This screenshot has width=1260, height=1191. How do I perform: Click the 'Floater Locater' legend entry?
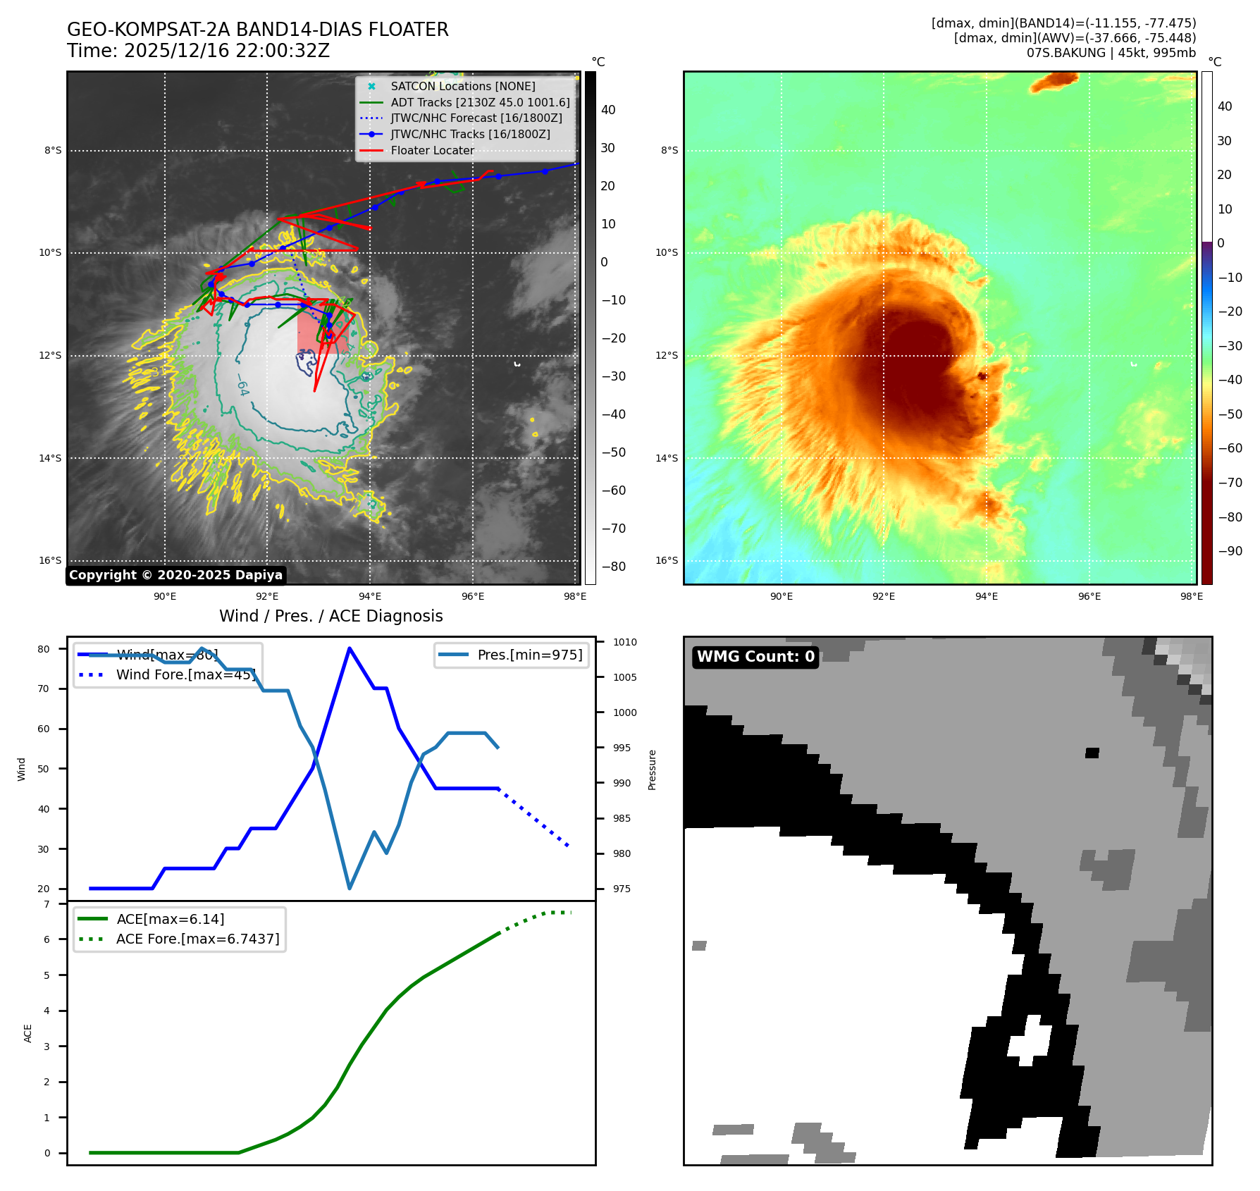(432, 150)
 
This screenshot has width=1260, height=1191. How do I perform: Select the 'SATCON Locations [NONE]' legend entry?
(462, 86)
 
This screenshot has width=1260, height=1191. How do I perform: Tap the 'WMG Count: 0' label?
(755, 657)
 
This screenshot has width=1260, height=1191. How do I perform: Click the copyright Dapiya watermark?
(175, 575)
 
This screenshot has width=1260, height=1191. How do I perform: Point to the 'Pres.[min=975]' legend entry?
(529, 655)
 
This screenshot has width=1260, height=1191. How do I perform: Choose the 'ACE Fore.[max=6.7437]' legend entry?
(197, 939)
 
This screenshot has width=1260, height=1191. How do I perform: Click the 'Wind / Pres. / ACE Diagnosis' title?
(331, 616)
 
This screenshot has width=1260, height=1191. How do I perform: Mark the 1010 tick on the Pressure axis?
(624, 642)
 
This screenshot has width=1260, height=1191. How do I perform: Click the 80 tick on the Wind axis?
(44, 649)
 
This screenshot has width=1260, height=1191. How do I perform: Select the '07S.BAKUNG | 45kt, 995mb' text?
(1111, 53)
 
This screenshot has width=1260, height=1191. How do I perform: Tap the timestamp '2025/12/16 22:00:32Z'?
(227, 51)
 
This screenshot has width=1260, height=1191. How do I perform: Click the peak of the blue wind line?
(350, 648)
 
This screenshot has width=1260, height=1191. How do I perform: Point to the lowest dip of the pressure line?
(350, 888)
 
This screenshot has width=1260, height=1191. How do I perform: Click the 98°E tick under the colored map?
(1192, 596)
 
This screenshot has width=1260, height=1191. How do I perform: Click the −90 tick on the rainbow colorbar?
(1230, 551)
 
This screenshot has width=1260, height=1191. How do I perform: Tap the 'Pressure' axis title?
(652, 770)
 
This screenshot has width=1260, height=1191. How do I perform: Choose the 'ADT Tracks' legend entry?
(480, 102)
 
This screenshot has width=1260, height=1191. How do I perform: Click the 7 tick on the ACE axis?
(47, 904)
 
